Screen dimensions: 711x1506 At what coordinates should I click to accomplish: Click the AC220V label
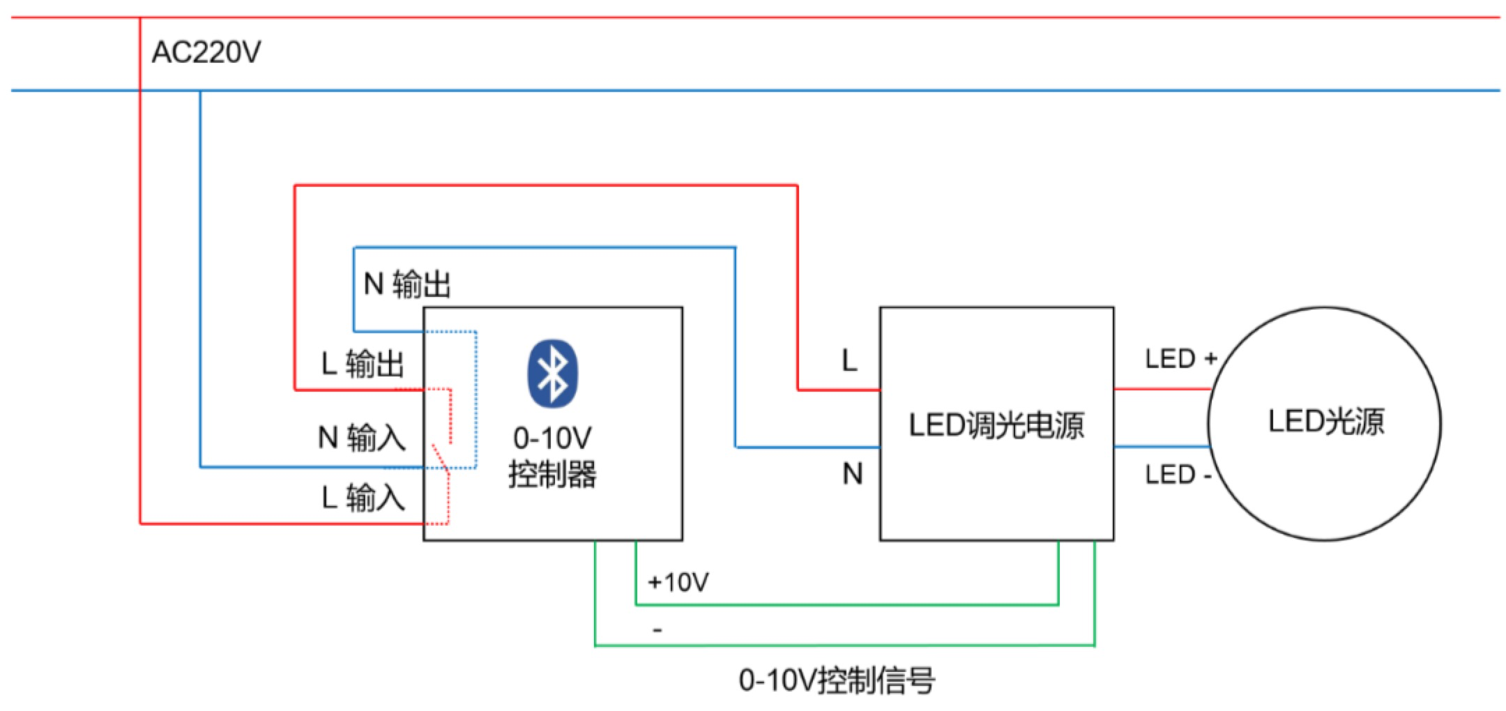[206, 53]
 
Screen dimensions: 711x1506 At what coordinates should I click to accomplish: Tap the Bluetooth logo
[552, 373]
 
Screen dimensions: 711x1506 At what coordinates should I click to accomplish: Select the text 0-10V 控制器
[552, 457]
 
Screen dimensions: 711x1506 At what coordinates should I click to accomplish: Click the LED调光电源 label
[996, 425]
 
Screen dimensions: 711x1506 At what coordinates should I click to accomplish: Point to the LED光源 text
[1325, 422]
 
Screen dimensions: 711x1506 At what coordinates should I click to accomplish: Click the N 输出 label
[407, 284]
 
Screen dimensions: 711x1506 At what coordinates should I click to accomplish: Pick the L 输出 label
[363, 364]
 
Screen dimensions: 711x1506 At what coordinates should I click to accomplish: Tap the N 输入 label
[361, 438]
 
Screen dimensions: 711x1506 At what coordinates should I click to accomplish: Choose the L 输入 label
[363, 498]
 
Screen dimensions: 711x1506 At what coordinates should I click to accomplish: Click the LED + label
[1180, 359]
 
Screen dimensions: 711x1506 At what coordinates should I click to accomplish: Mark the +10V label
[678, 581]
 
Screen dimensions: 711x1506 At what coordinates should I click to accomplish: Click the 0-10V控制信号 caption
[837, 680]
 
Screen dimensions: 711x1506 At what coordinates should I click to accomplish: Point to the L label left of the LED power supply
[849, 361]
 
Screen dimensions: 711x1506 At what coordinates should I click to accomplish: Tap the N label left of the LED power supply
[852, 474]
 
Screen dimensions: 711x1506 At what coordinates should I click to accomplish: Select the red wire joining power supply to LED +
[1161, 389]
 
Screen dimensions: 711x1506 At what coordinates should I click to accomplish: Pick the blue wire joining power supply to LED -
[1161, 446]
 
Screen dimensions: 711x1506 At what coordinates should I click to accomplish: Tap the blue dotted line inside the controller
[476, 397]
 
